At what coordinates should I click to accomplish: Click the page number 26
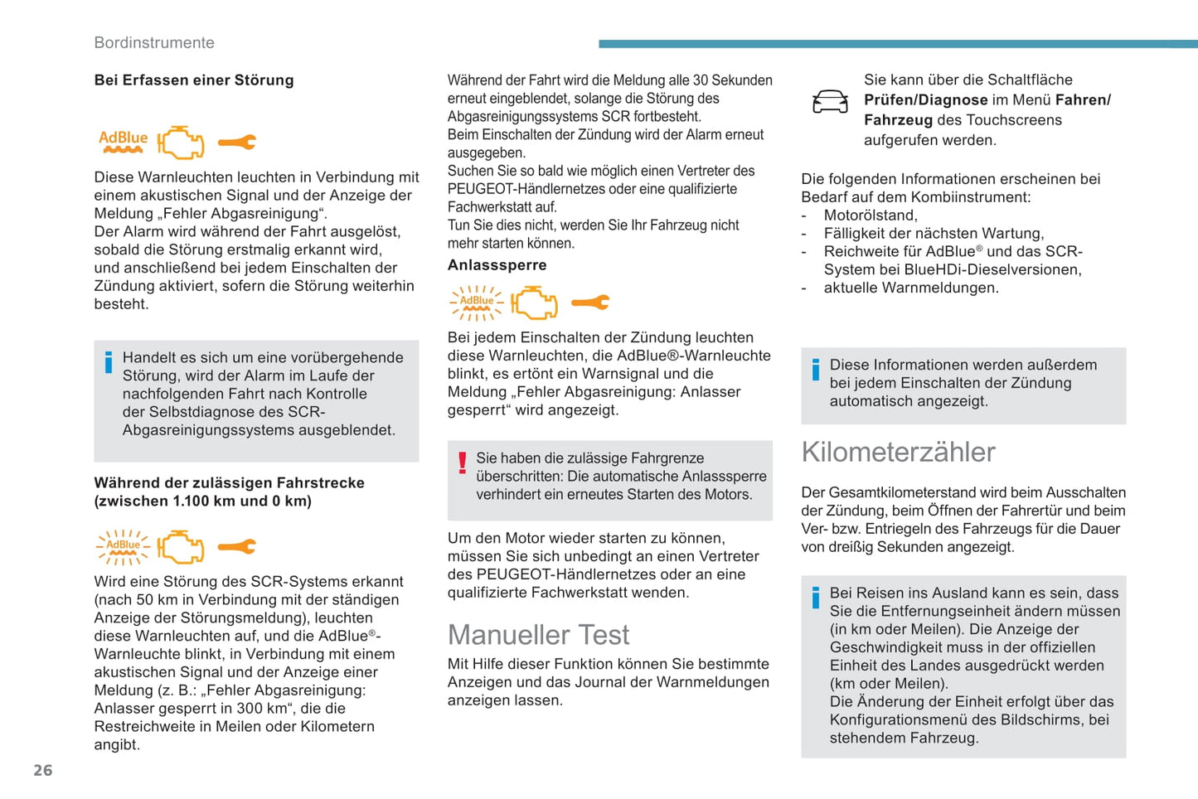(42, 770)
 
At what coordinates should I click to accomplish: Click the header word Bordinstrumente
(154, 42)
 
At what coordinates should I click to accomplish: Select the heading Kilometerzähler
(898, 452)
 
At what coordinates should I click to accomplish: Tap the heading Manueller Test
(538, 635)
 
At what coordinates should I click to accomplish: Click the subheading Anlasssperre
(497, 265)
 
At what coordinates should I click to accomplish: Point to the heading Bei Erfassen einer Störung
(194, 80)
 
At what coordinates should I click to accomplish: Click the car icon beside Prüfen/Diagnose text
(830, 102)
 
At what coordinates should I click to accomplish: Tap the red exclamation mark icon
(463, 462)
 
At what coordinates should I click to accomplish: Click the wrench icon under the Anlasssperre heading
(590, 303)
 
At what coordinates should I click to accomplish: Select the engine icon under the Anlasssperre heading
(534, 303)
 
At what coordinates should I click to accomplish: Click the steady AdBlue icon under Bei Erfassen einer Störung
(123, 142)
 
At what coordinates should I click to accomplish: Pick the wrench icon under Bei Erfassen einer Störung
(237, 143)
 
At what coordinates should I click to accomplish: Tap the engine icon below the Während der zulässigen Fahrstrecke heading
(181, 547)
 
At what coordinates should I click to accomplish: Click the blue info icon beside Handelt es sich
(109, 362)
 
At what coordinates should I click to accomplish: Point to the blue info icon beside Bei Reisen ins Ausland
(816, 597)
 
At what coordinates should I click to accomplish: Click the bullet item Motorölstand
(871, 215)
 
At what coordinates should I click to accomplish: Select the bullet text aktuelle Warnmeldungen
(911, 288)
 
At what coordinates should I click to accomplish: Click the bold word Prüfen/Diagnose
(925, 100)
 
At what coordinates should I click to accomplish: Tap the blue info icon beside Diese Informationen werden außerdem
(816, 370)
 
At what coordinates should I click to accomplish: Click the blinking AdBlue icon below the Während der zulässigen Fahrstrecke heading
(123, 547)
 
